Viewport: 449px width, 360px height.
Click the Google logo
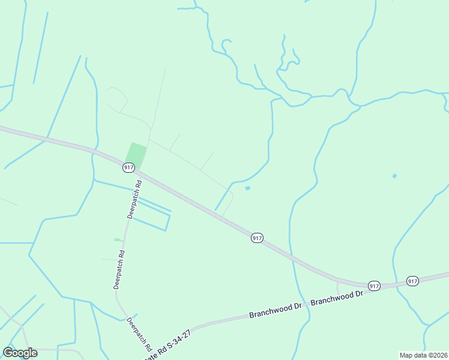(20, 353)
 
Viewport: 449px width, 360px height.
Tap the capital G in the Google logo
(8, 352)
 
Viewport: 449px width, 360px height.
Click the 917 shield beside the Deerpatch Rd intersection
(128, 167)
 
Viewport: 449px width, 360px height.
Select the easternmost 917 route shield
(412, 281)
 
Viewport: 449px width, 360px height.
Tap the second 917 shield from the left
(257, 238)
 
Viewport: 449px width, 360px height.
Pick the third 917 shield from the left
(374, 286)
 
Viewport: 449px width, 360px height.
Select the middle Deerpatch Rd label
(119, 270)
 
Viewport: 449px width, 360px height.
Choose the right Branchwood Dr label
(337, 296)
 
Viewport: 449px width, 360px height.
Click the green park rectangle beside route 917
(136, 156)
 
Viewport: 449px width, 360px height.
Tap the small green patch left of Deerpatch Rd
(118, 240)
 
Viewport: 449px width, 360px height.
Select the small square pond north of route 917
(247, 188)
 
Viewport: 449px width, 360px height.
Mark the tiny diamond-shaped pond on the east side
(394, 176)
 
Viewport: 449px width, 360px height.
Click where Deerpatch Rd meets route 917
(138, 171)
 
